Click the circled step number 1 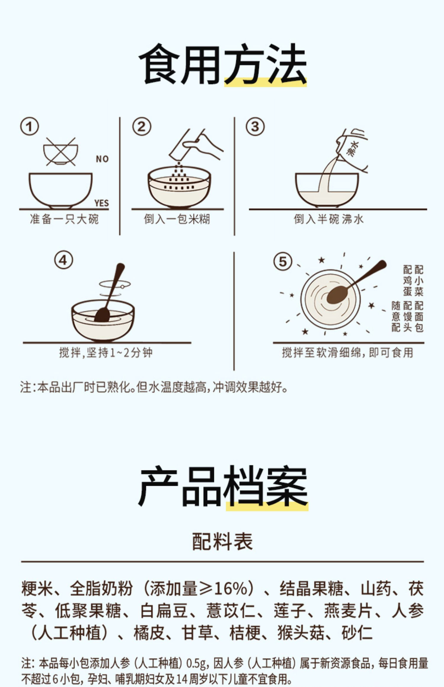pyautogui.click(x=29, y=127)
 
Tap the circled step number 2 pyautogui.click(x=141, y=127)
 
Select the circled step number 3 pyautogui.click(x=255, y=127)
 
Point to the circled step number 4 pyautogui.click(x=63, y=260)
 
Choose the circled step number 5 pyautogui.click(x=283, y=262)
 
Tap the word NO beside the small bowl pyautogui.click(x=102, y=159)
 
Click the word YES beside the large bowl pyautogui.click(x=102, y=203)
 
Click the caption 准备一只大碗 pyautogui.click(x=64, y=219)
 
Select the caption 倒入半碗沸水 pyautogui.click(x=329, y=219)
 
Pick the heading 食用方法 pyautogui.click(x=223, y=64)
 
